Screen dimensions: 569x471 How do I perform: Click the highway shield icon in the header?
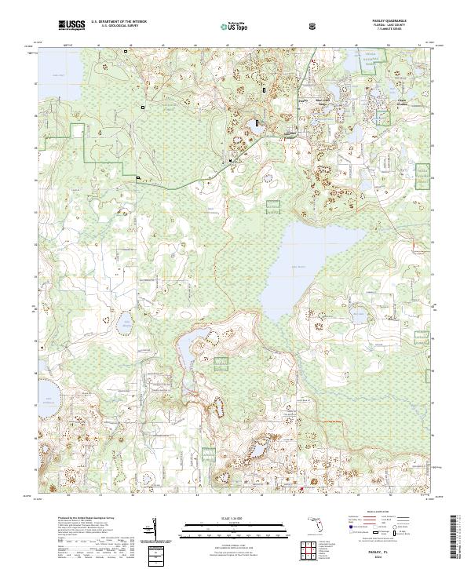tap(313, 26)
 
